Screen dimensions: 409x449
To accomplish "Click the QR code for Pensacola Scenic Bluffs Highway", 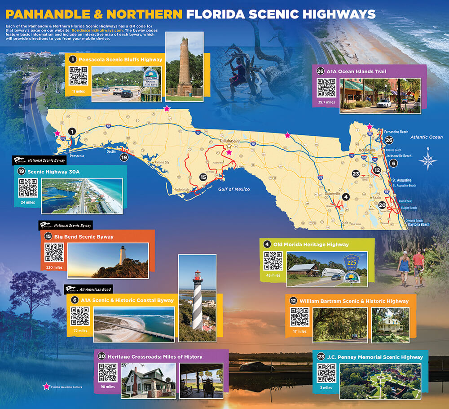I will click(78, 76).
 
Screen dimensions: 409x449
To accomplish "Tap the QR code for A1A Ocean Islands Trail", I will click(326, 88).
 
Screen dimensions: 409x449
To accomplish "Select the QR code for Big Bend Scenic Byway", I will click(54, 253).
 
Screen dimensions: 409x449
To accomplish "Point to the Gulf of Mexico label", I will click(234, 189).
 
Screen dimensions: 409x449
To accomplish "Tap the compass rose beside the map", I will click(428, 160).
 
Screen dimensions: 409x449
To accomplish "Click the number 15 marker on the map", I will click(203, 177).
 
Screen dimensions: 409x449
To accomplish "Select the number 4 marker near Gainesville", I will click(345, 196).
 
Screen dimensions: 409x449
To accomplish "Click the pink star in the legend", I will click(45, 386).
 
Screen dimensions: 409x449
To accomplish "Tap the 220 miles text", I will click(53, 267).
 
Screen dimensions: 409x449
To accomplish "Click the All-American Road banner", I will click(88, 289).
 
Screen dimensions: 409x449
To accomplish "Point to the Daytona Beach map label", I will click(418, 224).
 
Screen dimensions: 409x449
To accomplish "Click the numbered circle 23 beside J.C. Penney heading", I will click(321, 357).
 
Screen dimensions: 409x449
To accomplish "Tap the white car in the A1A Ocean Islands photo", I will click(385, 103).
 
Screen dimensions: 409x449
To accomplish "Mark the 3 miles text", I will click(326, 387).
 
